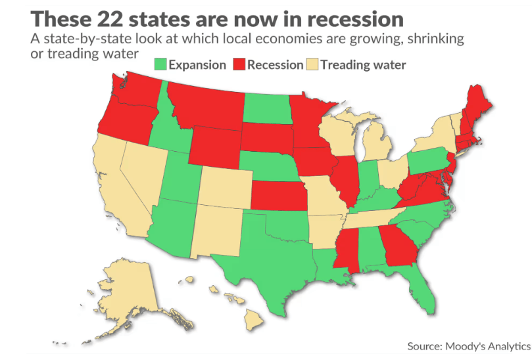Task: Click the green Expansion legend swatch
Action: click(160, 64)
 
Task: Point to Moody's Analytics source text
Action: click(468, 346)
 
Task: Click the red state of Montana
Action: click(204, 105)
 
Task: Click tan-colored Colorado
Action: click(224, 185)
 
